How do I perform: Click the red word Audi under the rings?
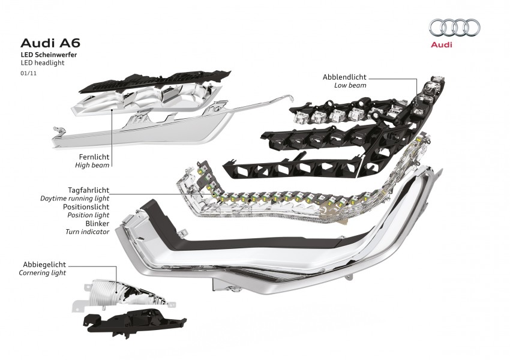tap(441, 44)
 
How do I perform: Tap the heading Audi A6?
tap(50, 43)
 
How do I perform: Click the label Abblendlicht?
tap(344, 77)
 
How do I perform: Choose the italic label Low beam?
tap(350, 86)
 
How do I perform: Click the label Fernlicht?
tap(93, 155)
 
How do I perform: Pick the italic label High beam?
tap(92, 164)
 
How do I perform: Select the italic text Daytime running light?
tap(74, 198)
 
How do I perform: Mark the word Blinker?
tap(97, 223)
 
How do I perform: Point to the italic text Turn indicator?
tap(87, 231)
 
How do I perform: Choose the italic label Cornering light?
tap(42, 272)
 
